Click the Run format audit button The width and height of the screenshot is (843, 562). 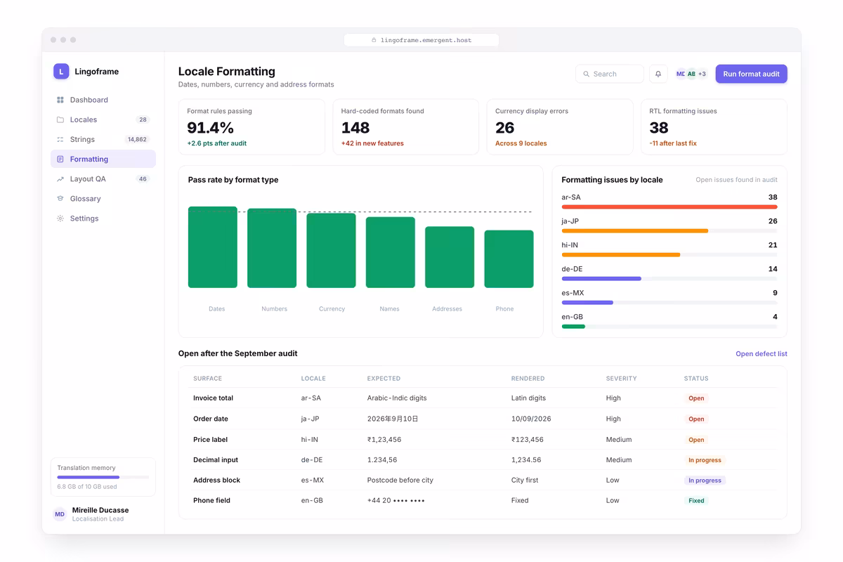751,74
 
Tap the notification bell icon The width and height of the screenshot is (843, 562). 658,74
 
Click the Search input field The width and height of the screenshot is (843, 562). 609,74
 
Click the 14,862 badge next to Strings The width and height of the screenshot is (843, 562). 137,139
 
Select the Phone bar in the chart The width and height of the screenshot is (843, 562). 509,259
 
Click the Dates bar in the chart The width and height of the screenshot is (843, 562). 213,247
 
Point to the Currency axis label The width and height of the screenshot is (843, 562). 332,308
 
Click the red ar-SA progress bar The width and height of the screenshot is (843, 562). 669,207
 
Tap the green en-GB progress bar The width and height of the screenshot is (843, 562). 573,327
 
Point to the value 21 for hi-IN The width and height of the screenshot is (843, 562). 773,245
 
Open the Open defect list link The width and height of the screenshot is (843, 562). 761,354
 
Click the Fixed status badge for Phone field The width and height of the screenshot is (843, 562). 696,500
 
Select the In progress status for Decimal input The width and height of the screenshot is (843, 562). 705,460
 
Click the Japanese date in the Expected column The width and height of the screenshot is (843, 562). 393,419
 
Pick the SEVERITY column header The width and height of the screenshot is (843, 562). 621,379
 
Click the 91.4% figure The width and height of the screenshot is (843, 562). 210,128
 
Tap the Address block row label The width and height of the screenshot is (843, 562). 216,480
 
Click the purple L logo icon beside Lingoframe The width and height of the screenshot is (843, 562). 61,71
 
